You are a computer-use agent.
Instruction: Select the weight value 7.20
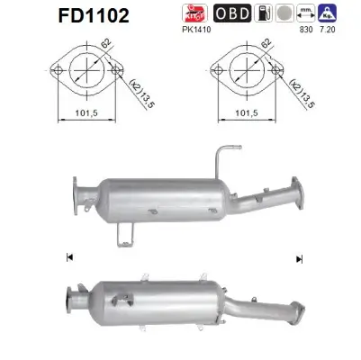click(334, 29)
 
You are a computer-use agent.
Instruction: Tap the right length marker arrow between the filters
click(298, 258)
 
